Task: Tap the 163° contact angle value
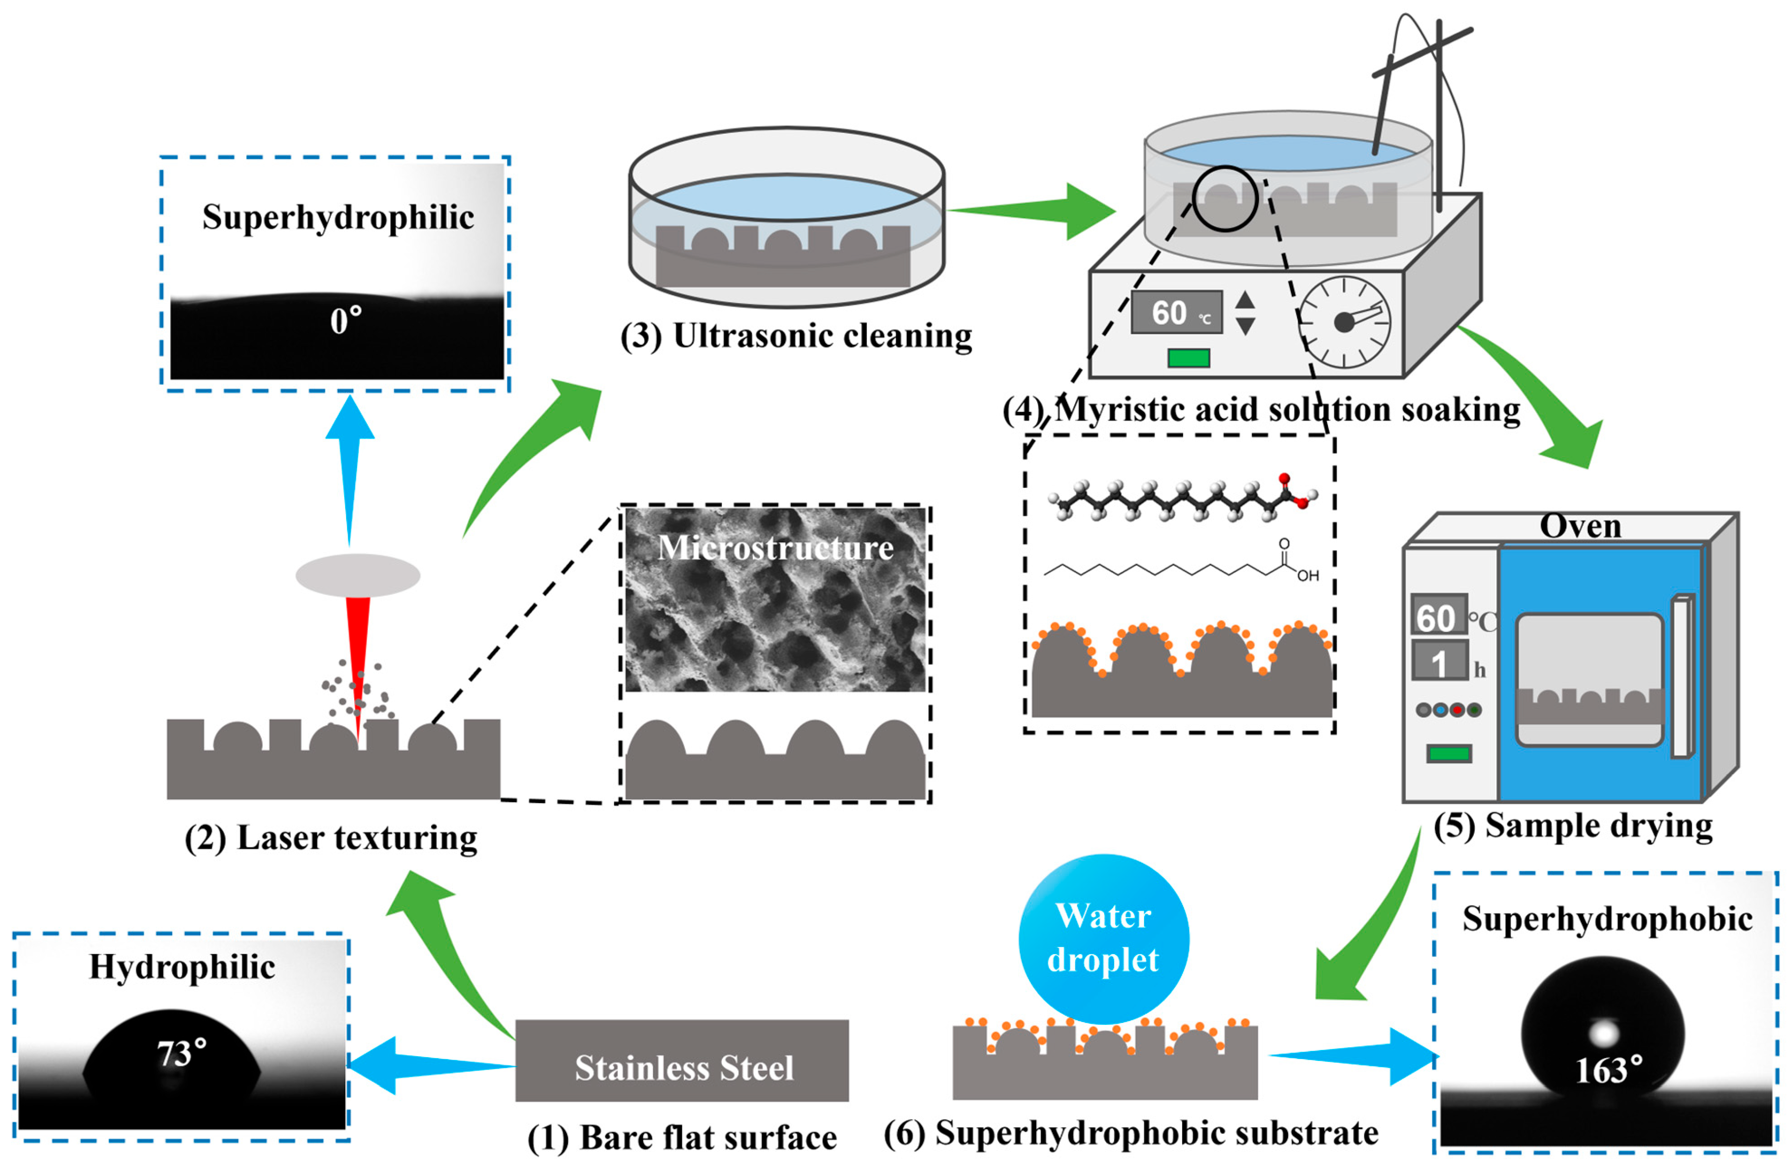1608,1070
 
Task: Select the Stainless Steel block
682,1060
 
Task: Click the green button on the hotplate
1188,358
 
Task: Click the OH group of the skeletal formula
1308,576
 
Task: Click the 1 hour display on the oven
1439,662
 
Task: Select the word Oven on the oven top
1580,526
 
